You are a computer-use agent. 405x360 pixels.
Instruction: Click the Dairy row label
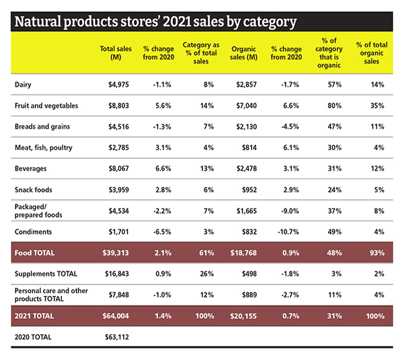[22, 84]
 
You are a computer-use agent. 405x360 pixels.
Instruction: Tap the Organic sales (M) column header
[244, 53]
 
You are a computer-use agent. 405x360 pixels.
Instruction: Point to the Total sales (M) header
[116, 53]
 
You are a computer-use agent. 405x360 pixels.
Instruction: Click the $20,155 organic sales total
[243, 317]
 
